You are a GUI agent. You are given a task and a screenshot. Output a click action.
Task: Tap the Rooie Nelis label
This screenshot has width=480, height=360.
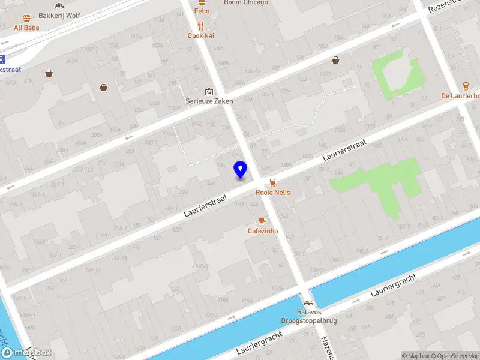(x=273, y=193)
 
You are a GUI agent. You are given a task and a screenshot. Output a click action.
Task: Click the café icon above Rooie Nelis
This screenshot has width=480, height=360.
(x=273, y=182)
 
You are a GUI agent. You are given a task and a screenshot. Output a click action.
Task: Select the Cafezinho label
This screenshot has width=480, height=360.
(x=263, y=231)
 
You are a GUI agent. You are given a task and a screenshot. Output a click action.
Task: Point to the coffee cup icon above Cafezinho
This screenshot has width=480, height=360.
(x=262, y=221)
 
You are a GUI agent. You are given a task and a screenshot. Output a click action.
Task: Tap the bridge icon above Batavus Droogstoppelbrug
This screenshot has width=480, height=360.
(x=308, y=304)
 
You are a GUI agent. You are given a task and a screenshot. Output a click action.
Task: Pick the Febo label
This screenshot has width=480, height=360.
(x=202, y=11)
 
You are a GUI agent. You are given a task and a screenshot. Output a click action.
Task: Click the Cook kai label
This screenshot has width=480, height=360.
(x=201, y=36)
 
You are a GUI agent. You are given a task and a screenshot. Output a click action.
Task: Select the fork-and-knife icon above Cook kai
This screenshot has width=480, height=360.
(x=201, y=26)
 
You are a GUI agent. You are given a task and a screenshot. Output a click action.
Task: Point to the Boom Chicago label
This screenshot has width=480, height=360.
(x=245, y=3)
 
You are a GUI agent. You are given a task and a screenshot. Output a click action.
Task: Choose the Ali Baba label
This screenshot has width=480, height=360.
(x=26, y=28)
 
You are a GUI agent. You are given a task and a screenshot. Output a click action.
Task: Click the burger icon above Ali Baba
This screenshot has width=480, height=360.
(x=26, y=18)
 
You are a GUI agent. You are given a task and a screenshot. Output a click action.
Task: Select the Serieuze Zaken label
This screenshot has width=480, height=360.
(x=209, y=101)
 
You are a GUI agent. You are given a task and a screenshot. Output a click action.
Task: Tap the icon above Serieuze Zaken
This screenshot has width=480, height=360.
(x=209, y=91)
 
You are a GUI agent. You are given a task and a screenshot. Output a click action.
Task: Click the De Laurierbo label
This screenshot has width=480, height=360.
(x=460, y=96)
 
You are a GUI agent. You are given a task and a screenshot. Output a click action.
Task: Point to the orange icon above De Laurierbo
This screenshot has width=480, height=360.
(x=466, y=85)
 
